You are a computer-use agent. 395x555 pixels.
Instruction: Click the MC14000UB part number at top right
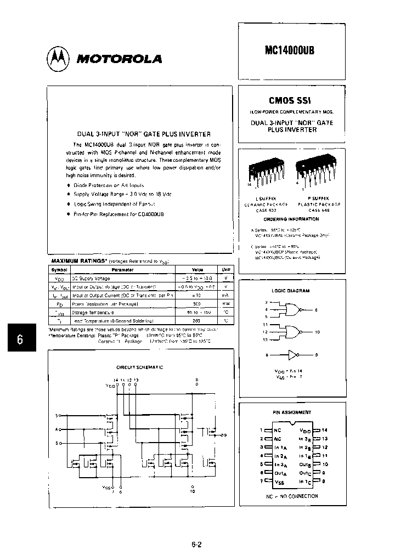pyautogui.click(x=291, y=48)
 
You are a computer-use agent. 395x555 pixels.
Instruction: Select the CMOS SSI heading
pyautogui.click(x=291, y=101)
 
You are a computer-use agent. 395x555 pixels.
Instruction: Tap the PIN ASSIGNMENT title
pyautogui.click(x=291, y=412)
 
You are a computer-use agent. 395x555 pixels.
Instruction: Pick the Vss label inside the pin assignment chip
pyautogui.click(x=279, y=480)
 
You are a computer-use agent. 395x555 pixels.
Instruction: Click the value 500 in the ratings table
pyautogui.click(x=198, y=303)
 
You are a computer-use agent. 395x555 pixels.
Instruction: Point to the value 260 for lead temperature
pyautogui.click(x=198, y=320)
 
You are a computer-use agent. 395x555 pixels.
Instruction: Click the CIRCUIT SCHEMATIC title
pyautogui.click(x=139, y=367)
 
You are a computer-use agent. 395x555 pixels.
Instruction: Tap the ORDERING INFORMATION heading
pyautogui.click(x=291, y=219)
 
